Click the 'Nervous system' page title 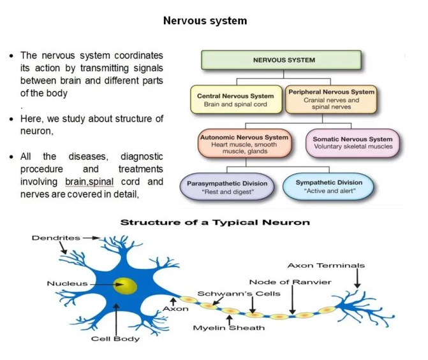pyautogui.click(x=205, y=20)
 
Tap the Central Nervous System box pyautogui.click(x=235, y=100)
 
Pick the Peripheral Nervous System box pyautogui.click(x=331, y=99)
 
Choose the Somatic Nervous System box pyautogui.click(x=353, y=143)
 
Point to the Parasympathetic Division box pyautogui.click(x=228, y=187)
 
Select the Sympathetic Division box pyautogui.click(x=329, y=187)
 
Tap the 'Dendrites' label pyautogui.click(x=56, y=238)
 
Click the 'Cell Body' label pyautogui.click(x=115, y=339)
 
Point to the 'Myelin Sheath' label pyautogui.click(x=228, y=328)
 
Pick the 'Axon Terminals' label pyautogui.click(x=326, y=265)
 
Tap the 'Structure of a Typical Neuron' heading pyautogui.click(x=215, y=222)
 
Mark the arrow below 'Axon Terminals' pyautogui.click(x=357, y=278)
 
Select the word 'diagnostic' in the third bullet pyautogui.click(x=142, y=156)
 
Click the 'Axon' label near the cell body pyautogui.click(x=175, y=308)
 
